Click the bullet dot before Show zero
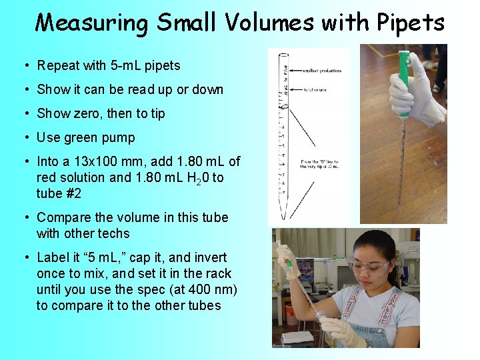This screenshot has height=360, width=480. pyautogui.click(x=25, y=113)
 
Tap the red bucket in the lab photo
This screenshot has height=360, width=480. pyautogui.click(x=291, y=313)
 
